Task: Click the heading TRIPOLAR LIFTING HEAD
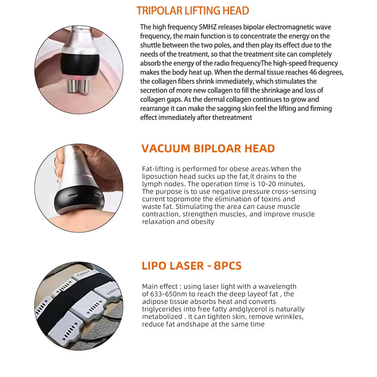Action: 193,11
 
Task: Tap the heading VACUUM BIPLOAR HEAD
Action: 208,149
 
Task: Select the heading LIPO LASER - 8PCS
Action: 192,265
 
